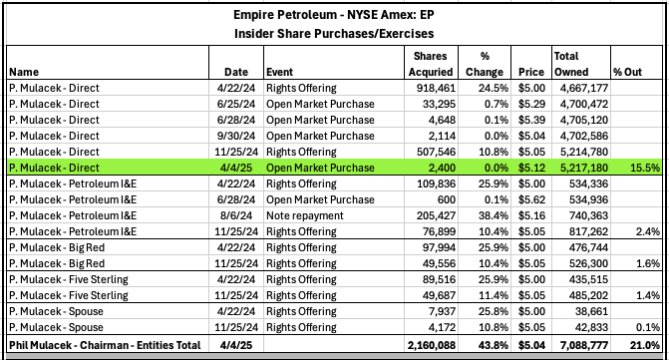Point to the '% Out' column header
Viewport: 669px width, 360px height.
coord(629,72)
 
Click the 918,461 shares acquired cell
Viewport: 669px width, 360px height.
coord(434,89)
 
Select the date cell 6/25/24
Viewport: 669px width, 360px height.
coord(235,104)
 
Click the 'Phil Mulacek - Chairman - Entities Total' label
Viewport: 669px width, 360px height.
coord(104,345)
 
